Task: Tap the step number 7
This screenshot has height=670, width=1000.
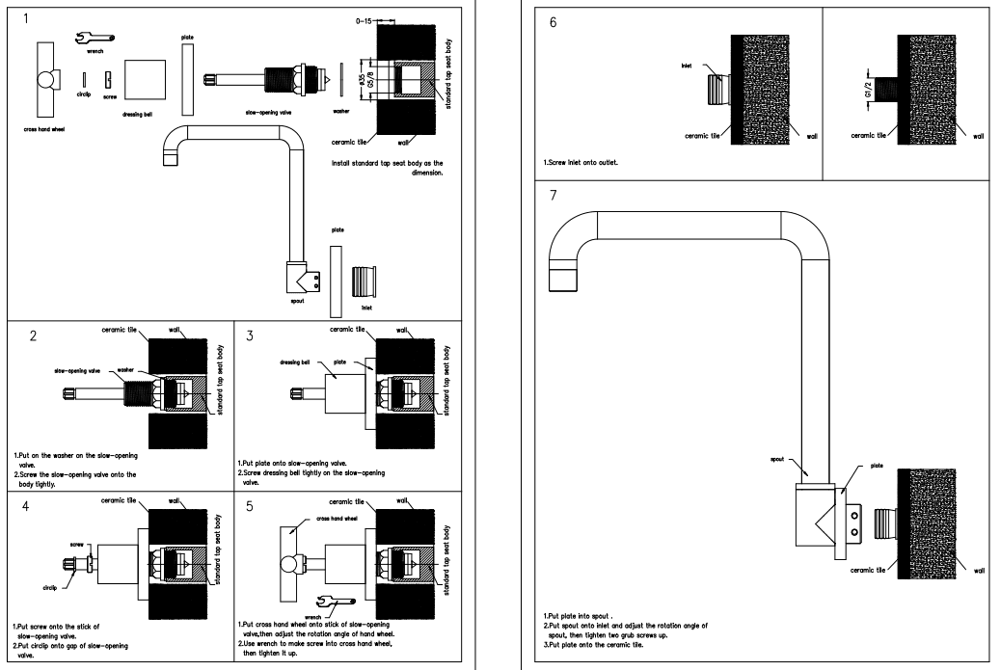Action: (x=552, y=196)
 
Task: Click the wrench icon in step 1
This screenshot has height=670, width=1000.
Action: (x=95, y=38)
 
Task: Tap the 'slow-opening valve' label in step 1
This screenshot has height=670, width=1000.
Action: (x=271, y=112)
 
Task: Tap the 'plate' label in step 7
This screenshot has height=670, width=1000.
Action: (x=876, y=465)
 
